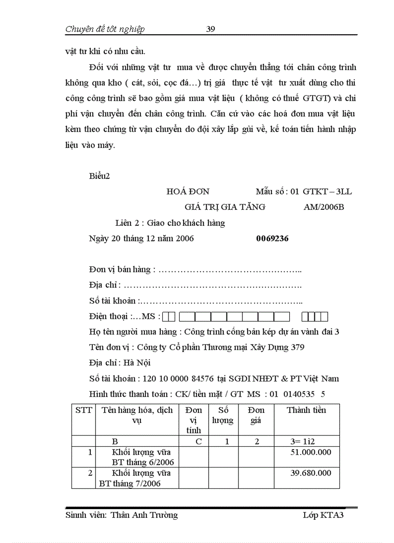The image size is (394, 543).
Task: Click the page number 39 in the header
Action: coord(211,29)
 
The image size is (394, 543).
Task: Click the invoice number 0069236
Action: coord(272,238)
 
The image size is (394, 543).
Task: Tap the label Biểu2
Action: coord(99,176)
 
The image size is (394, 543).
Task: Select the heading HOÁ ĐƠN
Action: coord(188,191)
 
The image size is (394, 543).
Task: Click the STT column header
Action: coord(84,410)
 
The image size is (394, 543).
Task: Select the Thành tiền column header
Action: coord(307,410)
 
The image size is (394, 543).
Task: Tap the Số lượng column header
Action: coord(223,415)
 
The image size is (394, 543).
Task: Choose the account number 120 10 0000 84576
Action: coord(176,379)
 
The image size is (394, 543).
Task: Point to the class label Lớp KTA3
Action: coord(323,515)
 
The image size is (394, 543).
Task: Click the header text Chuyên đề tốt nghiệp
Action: coord(105,29)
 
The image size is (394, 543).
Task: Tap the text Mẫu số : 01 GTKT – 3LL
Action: coord(304,191)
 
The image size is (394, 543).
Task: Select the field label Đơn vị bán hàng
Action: coord(122,269)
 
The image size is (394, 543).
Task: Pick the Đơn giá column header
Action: coord(256,415)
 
